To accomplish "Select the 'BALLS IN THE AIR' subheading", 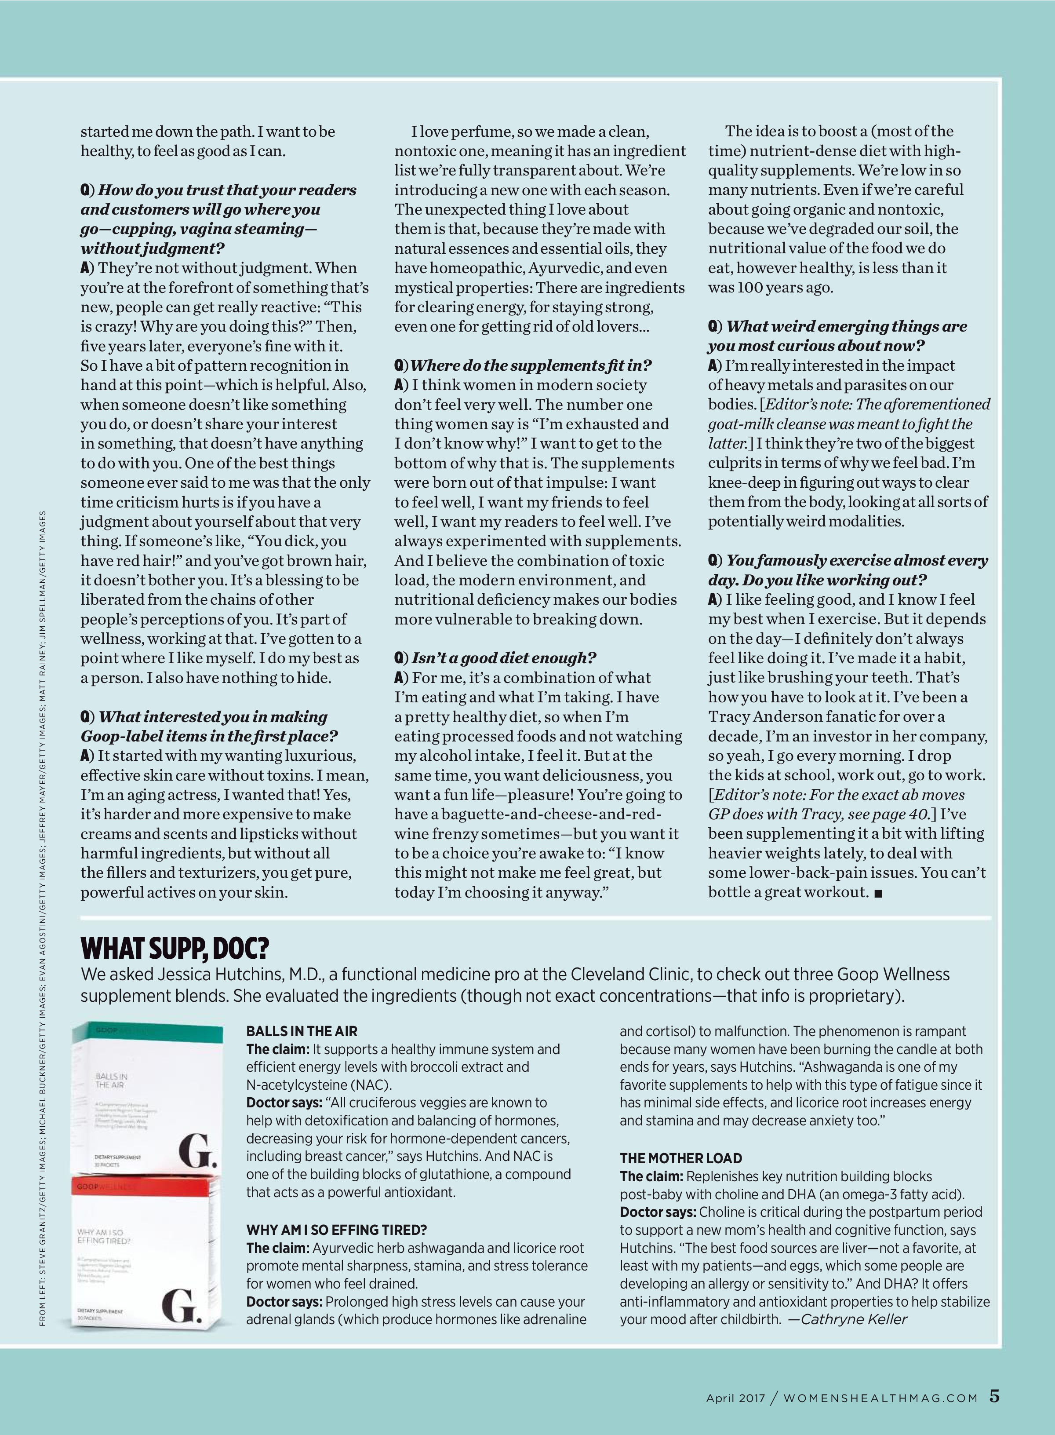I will coord(302,1032).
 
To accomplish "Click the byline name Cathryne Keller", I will coord(853,1319).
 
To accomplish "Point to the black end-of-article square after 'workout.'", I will coord(878,894).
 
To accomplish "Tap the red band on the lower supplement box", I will coord(147,1186).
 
